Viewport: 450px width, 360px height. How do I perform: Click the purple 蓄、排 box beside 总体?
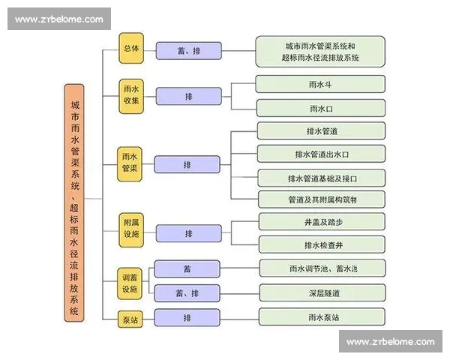188,51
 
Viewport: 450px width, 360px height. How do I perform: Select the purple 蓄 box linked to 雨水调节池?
187,268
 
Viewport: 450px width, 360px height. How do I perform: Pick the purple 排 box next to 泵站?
187,318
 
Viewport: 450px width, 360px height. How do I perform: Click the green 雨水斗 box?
321,84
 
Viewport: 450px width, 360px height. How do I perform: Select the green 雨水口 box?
321,109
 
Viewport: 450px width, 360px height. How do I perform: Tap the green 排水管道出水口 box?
322,154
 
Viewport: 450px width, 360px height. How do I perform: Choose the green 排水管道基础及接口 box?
322,178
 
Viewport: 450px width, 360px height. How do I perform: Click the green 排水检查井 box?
322,245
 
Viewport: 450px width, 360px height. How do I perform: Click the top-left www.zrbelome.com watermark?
60,19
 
